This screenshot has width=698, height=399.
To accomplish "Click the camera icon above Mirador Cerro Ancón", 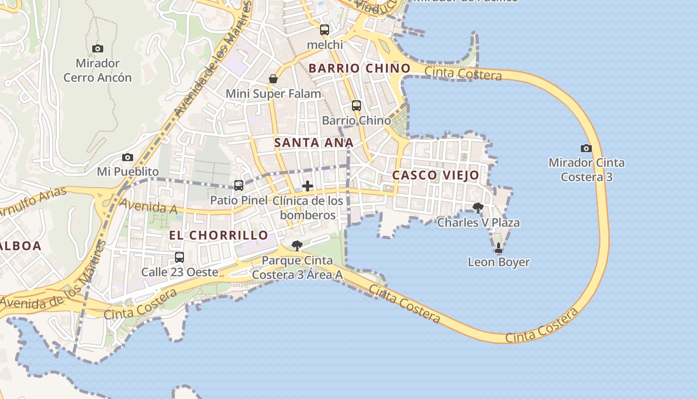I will [98, 48].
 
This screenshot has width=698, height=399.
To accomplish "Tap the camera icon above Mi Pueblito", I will [128, 157].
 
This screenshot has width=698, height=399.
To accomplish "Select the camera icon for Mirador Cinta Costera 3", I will [586, 148].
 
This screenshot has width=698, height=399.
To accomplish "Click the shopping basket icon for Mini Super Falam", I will [273, 79].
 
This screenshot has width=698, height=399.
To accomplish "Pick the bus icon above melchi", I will [325, 30].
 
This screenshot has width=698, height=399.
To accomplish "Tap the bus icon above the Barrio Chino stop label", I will [356, 106].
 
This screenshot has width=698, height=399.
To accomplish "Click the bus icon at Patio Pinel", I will [239, 186].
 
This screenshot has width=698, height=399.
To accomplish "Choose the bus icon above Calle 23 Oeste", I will [179, 257].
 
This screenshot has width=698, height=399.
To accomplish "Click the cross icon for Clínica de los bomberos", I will [308, 187].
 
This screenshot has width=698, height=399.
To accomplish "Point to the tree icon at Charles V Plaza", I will [478, 208].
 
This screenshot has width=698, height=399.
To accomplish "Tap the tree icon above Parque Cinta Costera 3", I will [297, 245].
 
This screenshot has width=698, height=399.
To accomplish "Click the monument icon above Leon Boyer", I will [498, 247].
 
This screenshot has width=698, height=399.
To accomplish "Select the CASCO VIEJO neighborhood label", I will [435, 175].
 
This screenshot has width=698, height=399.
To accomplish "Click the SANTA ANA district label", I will [314, 143].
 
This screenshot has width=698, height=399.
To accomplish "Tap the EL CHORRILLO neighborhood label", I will [218, 235].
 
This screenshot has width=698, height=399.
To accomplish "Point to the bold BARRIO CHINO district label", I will [359, 68].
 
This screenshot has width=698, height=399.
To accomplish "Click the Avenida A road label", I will [149, 206].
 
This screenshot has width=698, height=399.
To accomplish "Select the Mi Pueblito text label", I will [128, 172].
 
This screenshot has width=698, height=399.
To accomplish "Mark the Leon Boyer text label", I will [499, 262].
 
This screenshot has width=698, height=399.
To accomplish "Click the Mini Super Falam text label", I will [273, 94].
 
